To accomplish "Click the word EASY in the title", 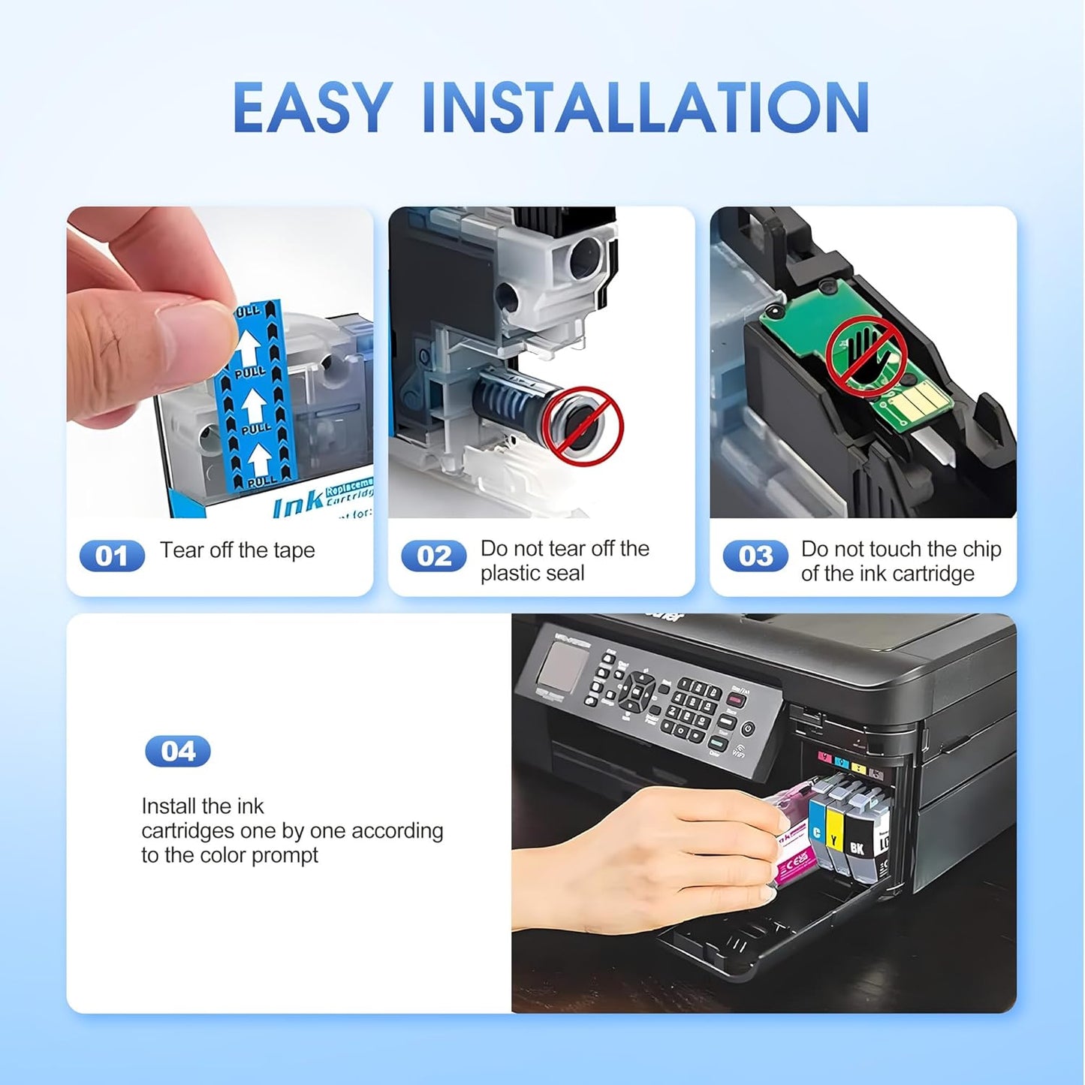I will pos(312,107).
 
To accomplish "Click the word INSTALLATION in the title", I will pos(646,107).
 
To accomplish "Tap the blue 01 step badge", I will pos(112,556).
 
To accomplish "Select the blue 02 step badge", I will pos(433,556).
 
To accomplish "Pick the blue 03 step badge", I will pos(755,556).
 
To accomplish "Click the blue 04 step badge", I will pos(178,751).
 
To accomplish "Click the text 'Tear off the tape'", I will pos(237,550).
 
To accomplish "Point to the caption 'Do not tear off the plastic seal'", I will pos(564,561).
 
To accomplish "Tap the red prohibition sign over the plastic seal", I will pos(583,423).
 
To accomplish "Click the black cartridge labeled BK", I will pos(857,841).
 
